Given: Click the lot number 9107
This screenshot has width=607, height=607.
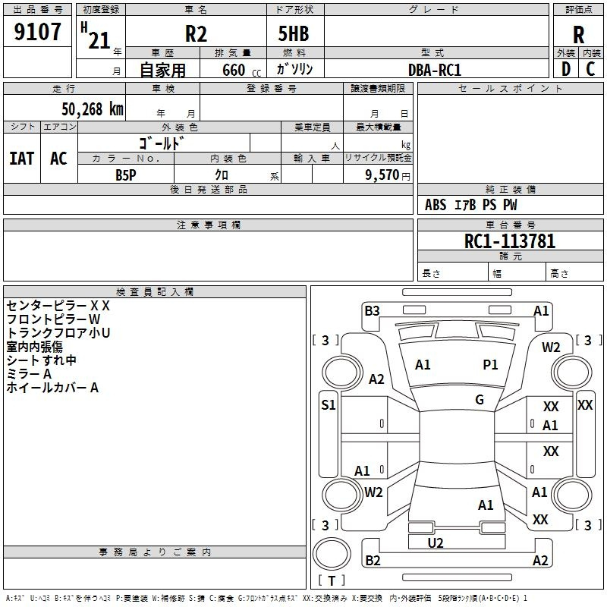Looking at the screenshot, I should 38,32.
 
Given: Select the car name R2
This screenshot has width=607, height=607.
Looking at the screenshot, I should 196,33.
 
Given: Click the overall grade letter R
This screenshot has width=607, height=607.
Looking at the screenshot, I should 579,34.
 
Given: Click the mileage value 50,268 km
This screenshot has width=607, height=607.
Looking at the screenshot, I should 92,108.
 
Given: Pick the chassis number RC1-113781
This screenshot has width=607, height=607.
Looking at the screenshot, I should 510,241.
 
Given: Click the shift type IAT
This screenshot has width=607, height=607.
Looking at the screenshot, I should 21,159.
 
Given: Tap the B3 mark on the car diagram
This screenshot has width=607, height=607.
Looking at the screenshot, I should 372,310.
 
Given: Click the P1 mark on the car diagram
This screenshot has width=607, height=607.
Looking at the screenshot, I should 491,365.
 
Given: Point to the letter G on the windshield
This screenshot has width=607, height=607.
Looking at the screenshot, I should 480,399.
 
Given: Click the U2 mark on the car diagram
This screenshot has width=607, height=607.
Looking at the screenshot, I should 436,543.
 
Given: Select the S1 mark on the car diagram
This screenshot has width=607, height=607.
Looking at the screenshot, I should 328,405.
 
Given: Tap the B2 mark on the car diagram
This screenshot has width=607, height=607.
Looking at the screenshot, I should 373,561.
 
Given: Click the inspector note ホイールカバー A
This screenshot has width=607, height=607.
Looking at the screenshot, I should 52,388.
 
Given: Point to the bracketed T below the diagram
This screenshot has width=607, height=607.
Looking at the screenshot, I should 331,580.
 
